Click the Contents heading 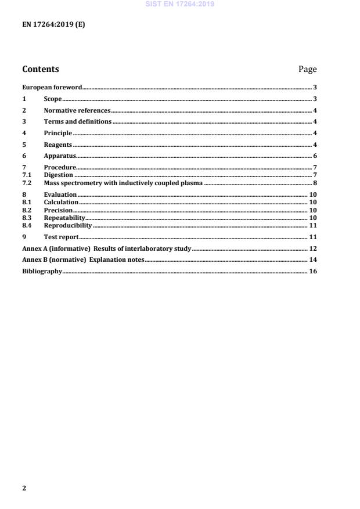(x=41, y=69)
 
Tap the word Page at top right (x=307, y=69)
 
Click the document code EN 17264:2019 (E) (x=53, y=25)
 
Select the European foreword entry (x=52, y=88)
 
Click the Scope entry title (x=53, y=99)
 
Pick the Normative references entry (x=77, y=110)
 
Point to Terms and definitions (x=78, y=122)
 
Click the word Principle (x=58, y=133)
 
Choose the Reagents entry (x=58, y=145)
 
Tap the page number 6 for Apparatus (x=315, y=156)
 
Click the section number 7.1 (x=26, y=175)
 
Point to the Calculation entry (x=61, y=202)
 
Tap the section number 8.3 (x=26, y=218)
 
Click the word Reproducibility (x=68, y=225)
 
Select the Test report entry (x=61, y=237)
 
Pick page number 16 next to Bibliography (x=313, y=271)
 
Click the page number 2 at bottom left (x=24, y=488)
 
